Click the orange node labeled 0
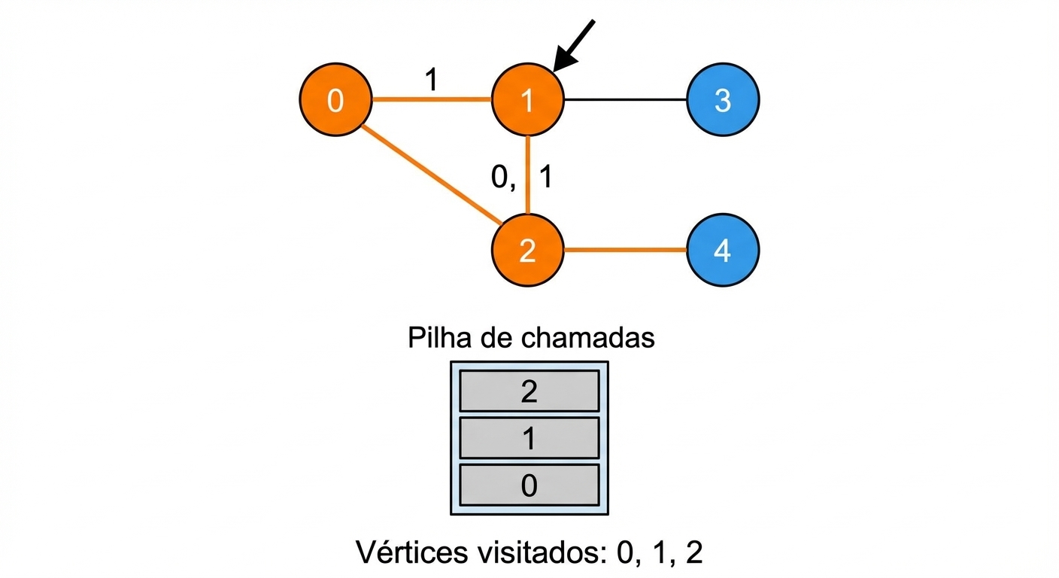pyautogui.click(x=335, y=100)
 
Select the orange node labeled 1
pyautogui.click(x=528, y=100)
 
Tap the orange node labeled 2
pyautogui.click(x=528, y=250)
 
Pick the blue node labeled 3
pyautogui.click(x=723, y=100)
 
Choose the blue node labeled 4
pyautogui.click(x=723, y=250)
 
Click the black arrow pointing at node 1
pyautogui.click(x=573, y=46)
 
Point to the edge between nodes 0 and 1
pyautogui.click(x=432, y=99)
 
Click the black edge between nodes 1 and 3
pyautogui.click(x=626, y=100)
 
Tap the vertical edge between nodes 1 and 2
pyautogui.click(x=528, y=175)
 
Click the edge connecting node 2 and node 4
pyautogui.click(x=626, y=250)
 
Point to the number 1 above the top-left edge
pyautogui.click(x=431, y=79)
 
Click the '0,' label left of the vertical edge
pyautogui.click(x=503, y=178)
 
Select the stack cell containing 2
pyautogui.click(x=529, y=391)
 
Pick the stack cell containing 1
pyautogui.click(x=529, y=438)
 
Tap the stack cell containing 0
pyautogui.click(x=529, y=485)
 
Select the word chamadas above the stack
pyautogui.click(x=588, y=338)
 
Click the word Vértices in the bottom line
pyautogui.click(x=412, y=552)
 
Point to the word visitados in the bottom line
pyautogui.click(x=542, y=552)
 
